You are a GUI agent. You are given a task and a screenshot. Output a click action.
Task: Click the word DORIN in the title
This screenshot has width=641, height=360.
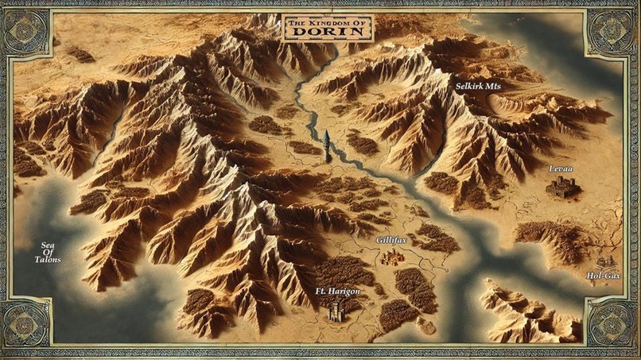pos(328,33)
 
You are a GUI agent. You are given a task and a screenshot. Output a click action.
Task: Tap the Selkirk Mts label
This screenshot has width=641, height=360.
pos(477,84)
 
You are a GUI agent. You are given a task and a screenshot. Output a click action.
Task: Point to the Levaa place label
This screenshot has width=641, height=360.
pos(561,169)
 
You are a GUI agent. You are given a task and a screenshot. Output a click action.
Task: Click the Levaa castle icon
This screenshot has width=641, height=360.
pos(562,188)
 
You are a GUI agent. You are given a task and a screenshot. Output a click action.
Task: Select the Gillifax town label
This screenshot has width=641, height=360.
pos(390,238)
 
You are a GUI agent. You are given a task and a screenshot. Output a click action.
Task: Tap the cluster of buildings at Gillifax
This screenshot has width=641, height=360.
pos(391,257)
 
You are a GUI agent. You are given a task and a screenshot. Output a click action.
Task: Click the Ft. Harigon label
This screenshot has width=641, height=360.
pos(337,292)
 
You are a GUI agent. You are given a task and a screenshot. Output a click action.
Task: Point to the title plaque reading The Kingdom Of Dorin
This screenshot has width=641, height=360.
pos(327,29)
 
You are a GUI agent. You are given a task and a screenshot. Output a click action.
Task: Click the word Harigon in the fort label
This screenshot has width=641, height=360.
pos(344,292)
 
